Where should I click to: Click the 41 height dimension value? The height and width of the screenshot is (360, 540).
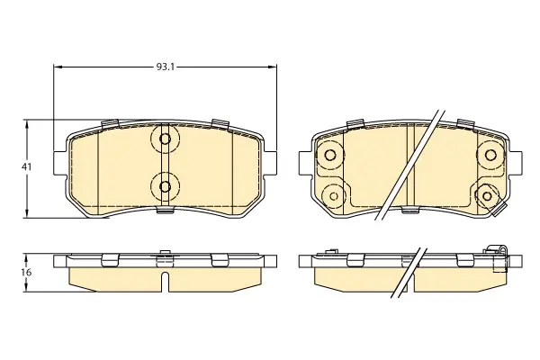coord(26,167)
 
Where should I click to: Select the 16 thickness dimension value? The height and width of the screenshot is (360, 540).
coord(26,272)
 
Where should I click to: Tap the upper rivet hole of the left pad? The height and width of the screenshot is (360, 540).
coord(166,139)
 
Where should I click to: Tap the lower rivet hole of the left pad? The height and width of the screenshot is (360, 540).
coord(166,186)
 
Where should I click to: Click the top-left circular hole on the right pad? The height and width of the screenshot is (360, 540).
coord(330,155)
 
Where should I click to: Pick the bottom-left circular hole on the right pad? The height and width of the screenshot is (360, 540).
coord(333,196)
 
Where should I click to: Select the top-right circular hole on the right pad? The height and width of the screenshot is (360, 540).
coord(490,155)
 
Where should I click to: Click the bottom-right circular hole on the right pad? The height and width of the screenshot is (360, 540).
coord(487,196)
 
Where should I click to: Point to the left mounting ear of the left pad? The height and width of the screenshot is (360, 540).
coord(60,163)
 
